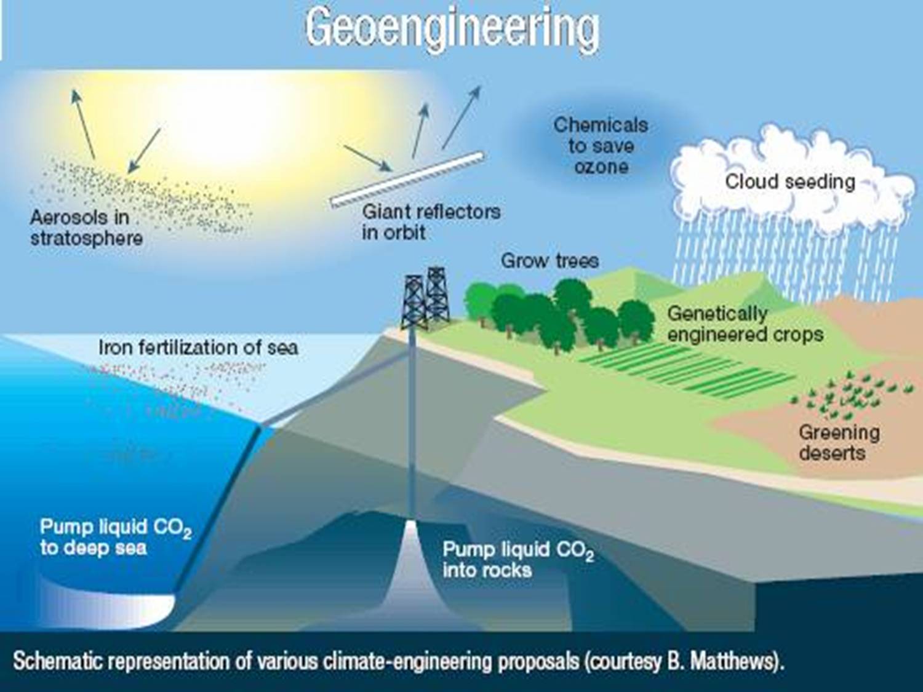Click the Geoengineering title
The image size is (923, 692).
[452, 28]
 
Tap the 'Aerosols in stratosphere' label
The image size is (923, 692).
[86, 228]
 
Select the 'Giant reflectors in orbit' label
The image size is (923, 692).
[431, 221]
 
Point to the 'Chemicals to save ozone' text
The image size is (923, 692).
[601, 146]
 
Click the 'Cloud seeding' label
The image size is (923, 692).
[790, 181]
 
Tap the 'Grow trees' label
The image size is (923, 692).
[549, 260]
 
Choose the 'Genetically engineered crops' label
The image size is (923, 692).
[745, 324]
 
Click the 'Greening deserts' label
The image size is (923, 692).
[838, 442]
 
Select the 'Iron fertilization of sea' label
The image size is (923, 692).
[198, 348]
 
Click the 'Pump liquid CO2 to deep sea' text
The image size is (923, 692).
[115, 537]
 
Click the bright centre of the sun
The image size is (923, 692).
[246, 123]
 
